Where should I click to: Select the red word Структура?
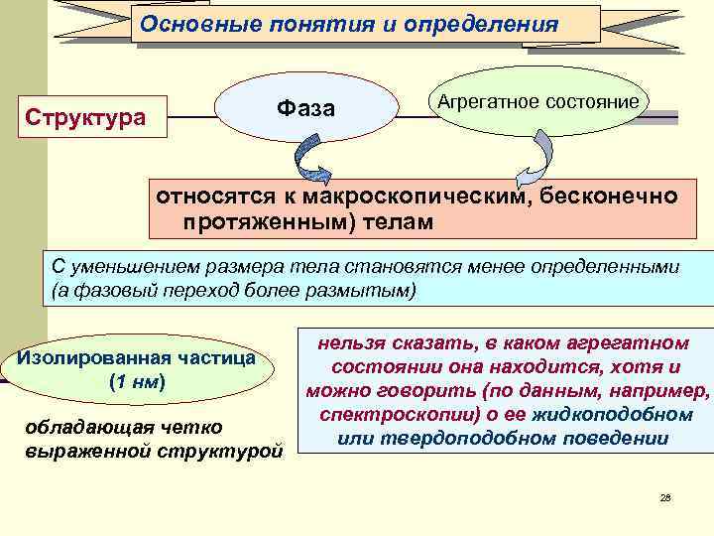point(85,118)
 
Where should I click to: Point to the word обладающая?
point(83,427)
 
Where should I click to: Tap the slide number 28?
point(665,496)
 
